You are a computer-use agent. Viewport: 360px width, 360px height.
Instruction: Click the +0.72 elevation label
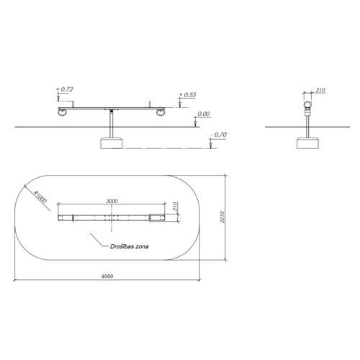pyautogui.click(x=65, y=89)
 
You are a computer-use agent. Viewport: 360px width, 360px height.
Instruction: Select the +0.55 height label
pyautogui.click(x=187, y=94)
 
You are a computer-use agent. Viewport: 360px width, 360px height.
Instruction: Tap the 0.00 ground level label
pyautogui.click(x=204, y=114)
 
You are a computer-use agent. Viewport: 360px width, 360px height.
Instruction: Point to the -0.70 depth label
pyautogui.click(x=219, y=135)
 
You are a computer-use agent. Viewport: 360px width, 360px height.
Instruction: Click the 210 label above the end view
pyautogui.click(x=320, y=90)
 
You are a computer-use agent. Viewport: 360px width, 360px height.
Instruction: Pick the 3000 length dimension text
pyautogui.click(x=112, y=201)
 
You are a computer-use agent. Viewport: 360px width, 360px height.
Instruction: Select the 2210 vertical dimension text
pyautogui.click(x=222, y=217)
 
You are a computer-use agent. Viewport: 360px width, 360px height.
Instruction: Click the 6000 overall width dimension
pyautogui.click(x=107, y=276)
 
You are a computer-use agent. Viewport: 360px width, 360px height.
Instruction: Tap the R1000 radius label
pyautogui.click(x=40, y=197)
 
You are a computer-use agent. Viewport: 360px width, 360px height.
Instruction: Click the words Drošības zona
pyautogui.click(x=130, y=246)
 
